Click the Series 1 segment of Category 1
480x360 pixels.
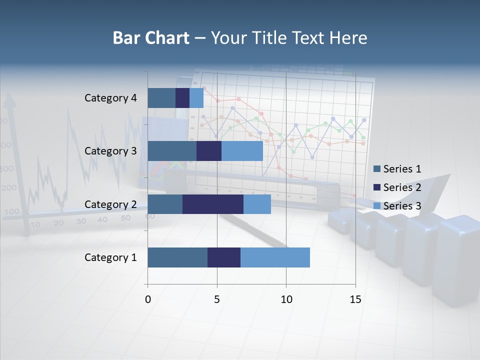[177, 257]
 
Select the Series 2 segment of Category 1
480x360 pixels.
[224, 257]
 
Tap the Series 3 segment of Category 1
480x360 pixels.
[275, 257]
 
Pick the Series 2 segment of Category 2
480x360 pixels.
[213, 204]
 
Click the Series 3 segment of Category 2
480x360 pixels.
[257, 204]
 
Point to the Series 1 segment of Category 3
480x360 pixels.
[172, 151]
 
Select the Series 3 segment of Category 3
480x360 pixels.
[242, 151]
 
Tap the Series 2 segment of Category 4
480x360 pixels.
[182, 98]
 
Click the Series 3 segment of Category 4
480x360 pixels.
[196, 98]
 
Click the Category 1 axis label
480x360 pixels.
[110, 257]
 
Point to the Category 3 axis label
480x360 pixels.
[110, 151]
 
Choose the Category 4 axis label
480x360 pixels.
[110, 98]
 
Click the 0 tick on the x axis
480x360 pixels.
[148, 299]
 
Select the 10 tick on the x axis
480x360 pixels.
[286, 299]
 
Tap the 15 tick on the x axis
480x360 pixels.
[355, 299]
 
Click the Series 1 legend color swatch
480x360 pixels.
[377, 169]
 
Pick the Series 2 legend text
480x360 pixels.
[402, 187]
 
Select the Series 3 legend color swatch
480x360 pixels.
[377, 206]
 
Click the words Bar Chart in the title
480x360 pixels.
[151, 38]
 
